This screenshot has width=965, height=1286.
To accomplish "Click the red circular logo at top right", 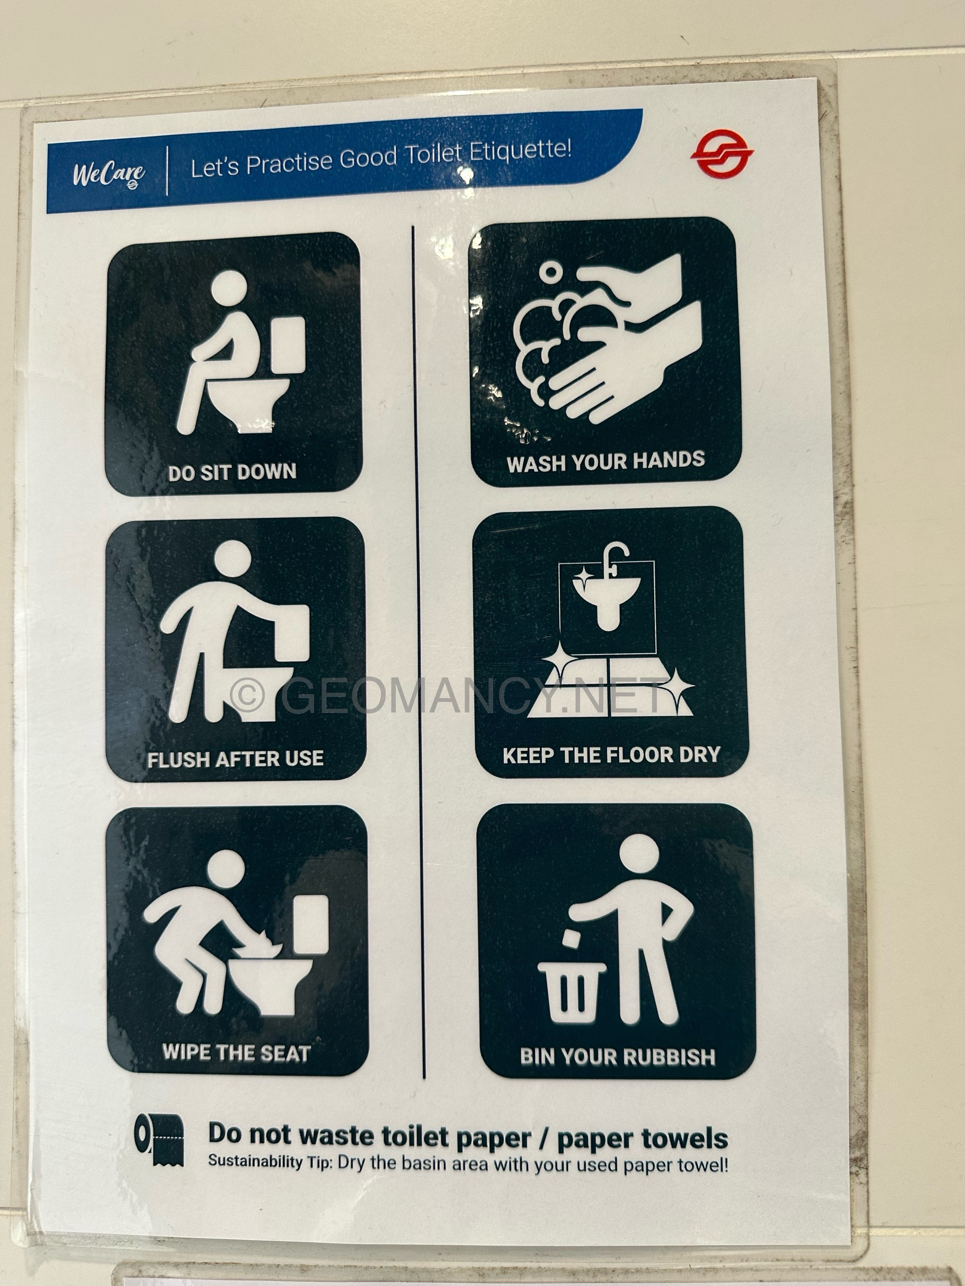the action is point(722,154).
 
